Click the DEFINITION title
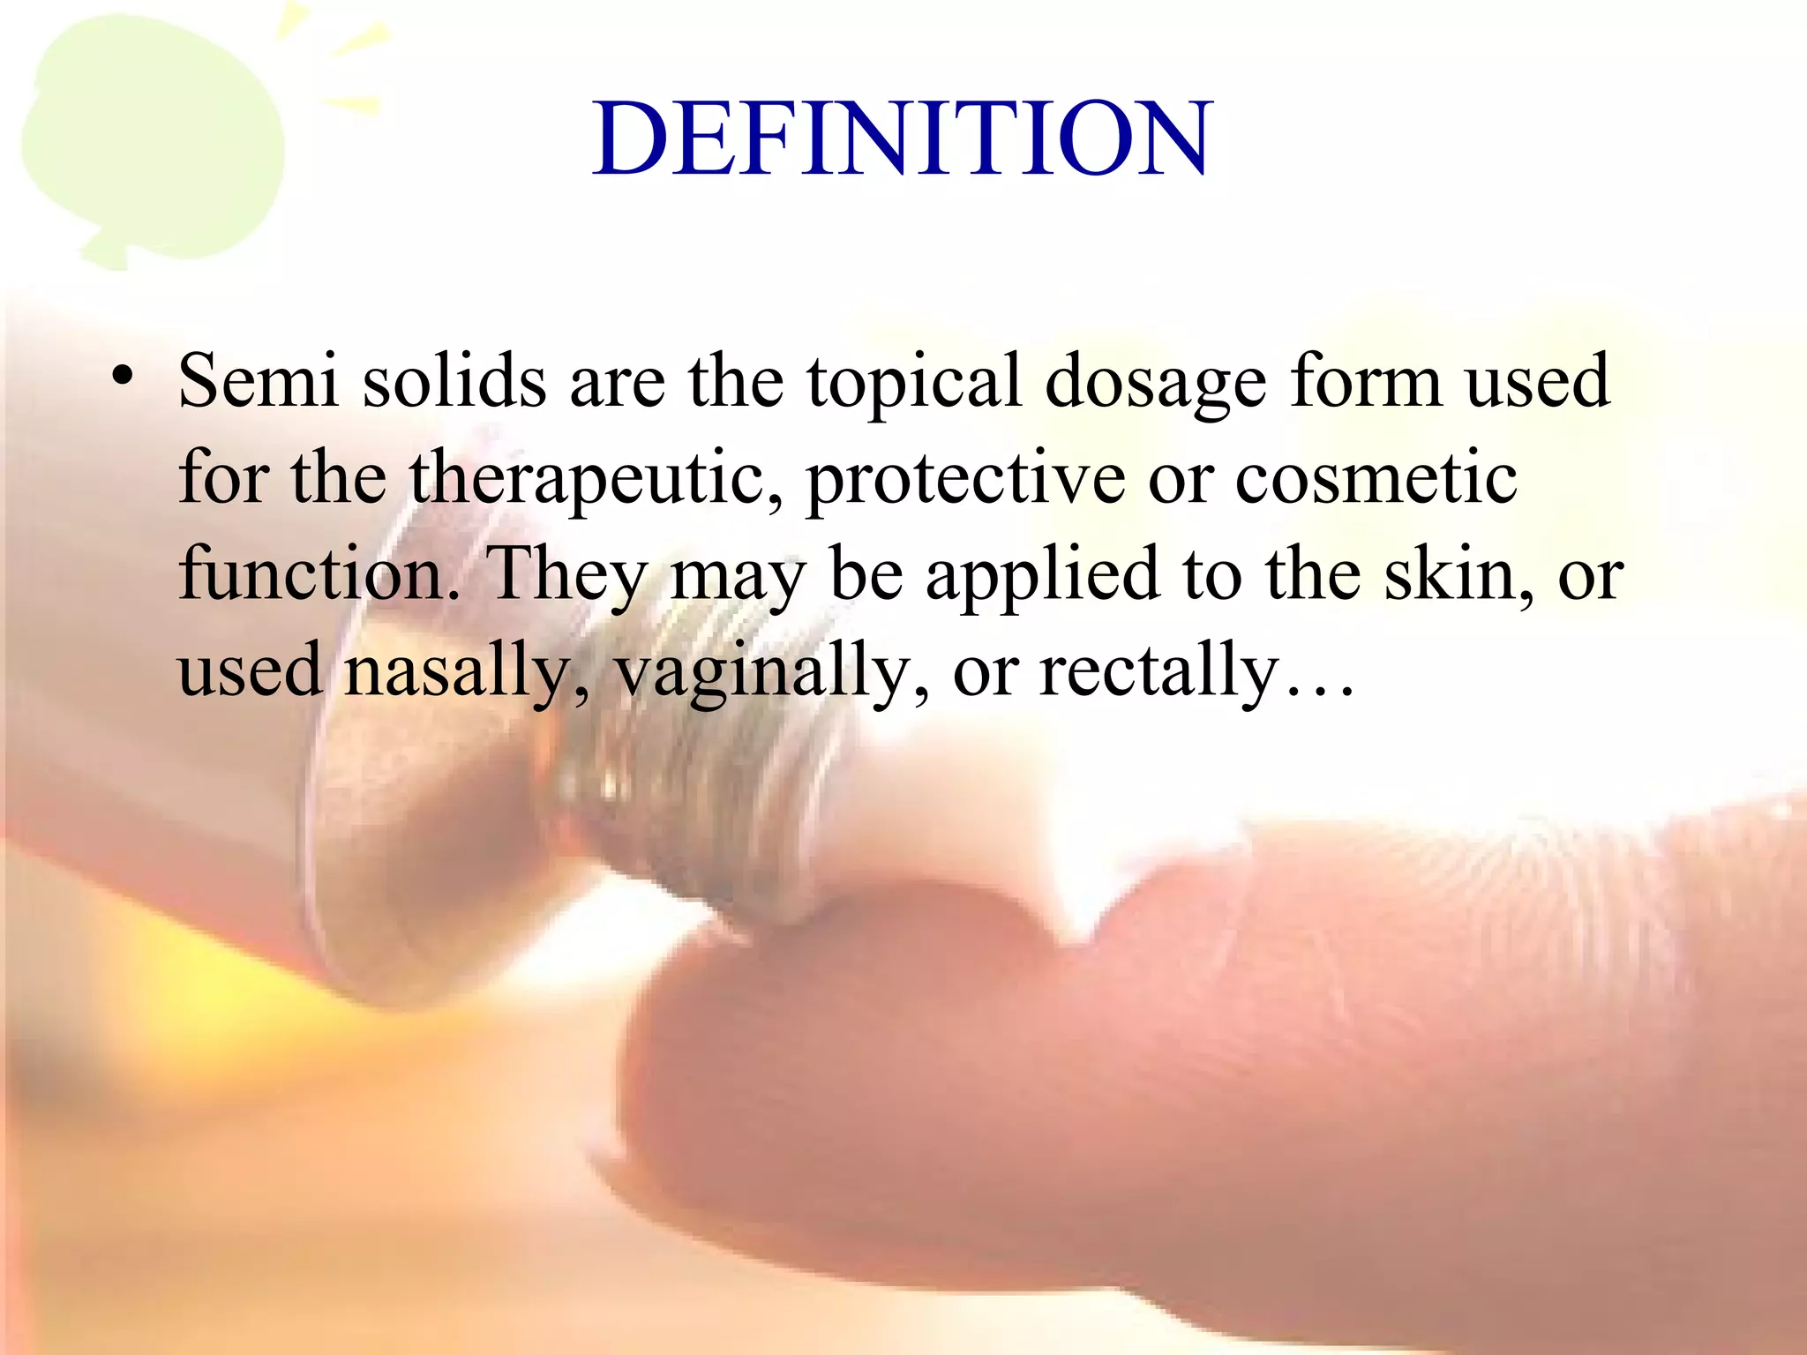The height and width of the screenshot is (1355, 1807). (x=902, y=139)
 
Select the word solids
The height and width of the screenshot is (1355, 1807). (x=454, y=381)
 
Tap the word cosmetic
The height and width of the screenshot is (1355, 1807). (x=1376, y=478)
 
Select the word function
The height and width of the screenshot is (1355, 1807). (x=318, y=573)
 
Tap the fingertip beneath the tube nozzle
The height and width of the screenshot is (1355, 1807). (x=882, y=1014)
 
